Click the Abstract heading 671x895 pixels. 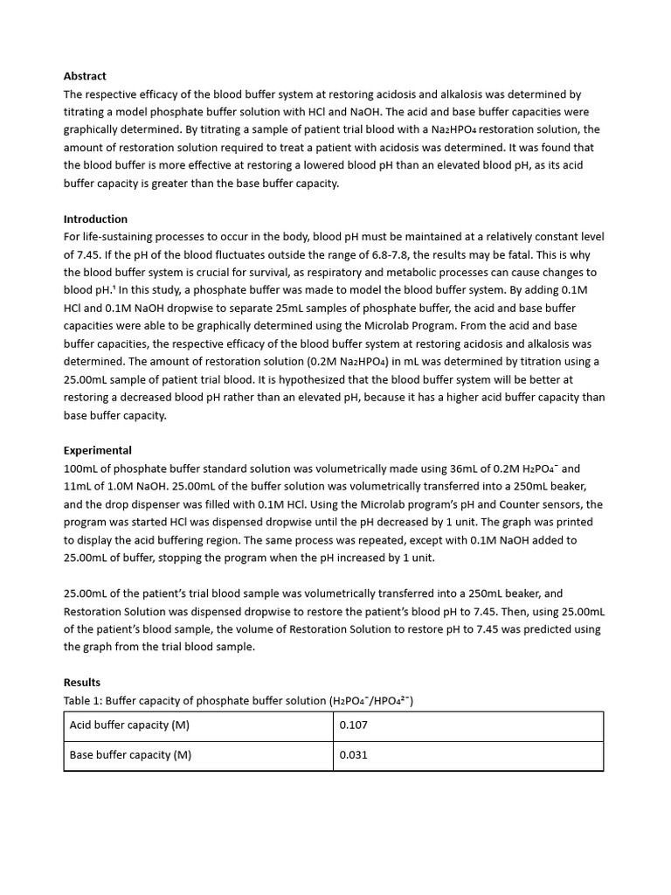[85, 76]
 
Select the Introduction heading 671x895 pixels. [95, 219]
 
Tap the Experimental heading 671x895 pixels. [98, 450]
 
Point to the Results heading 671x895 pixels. [82, 682]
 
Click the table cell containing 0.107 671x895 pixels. [353, 725]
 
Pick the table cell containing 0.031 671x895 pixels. [353, 755]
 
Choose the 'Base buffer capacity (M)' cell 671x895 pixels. [130, 755]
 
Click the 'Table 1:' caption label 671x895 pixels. [83, 700]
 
